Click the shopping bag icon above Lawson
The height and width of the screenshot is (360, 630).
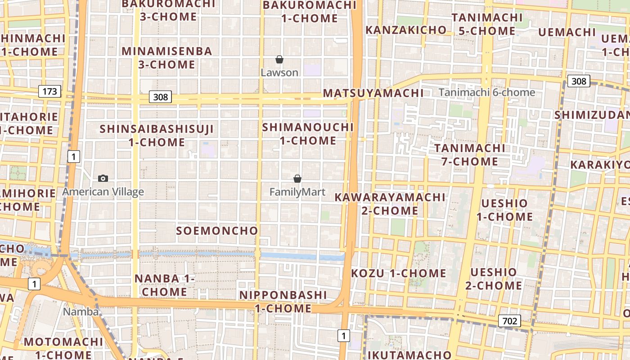279,59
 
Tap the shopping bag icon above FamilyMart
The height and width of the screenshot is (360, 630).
297,179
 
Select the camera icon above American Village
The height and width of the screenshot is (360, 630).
103,179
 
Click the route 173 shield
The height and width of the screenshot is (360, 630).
49,92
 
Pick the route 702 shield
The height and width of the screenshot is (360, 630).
509,321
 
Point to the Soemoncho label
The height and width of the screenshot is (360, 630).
217,231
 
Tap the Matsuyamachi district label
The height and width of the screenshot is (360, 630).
373,93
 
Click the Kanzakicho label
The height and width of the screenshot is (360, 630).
406,30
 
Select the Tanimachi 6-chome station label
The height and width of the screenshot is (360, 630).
487,92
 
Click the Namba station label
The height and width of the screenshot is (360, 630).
81,311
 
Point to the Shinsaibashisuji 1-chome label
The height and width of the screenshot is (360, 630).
157,135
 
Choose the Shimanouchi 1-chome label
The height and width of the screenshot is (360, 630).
308,134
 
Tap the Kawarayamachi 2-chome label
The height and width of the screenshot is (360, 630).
390,204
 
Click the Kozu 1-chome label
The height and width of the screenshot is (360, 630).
398,273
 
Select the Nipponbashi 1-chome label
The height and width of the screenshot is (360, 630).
283,301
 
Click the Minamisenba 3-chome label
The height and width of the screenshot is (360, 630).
166,58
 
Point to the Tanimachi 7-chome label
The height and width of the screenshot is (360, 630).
470,154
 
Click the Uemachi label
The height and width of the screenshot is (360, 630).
567,32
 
